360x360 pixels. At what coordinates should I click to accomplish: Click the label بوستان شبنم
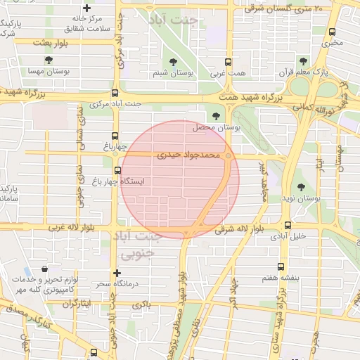pyautogui.click(x=173, y=72)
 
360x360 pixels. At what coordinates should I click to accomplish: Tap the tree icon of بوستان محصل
pyautogui.click(x=214, y=117)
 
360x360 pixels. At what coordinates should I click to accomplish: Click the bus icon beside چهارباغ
pyautogui.click(x=115, y=136)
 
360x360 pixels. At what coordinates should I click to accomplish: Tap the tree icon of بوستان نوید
pyautogui.click(x=301, y=187)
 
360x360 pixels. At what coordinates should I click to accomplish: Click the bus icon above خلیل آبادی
pyautogui.click(x=288, y=225)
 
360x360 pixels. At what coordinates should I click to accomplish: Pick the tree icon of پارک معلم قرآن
pyautogui.click(x=303, y=60)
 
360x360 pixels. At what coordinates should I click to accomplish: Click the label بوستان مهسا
pyautogui.click(x=46, y=72)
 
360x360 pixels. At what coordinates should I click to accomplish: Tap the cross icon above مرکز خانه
pyautogui.click(x=86, y=7)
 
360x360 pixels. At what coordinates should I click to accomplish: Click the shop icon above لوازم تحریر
pyautogui.click(x=46, y=269)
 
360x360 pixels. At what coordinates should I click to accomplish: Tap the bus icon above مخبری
pyautogui.click(x=332, y=31)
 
